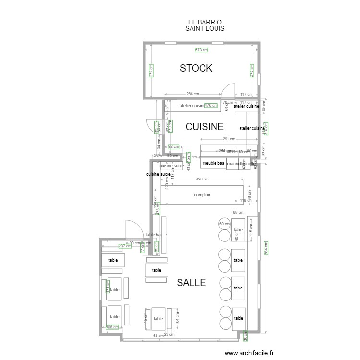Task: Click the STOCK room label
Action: tap(196, 68)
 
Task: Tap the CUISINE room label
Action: tap(204, 127)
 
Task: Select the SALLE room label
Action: tap(191, 283)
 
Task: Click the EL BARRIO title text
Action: tap(204, 22)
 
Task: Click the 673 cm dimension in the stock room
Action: tap(202, 50)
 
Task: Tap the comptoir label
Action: tap(203, 195)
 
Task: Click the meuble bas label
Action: tap(213, 163)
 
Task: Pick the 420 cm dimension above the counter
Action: tap(202, 180)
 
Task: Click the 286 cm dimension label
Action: tap(192, 94)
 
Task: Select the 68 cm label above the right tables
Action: tap(238, 212)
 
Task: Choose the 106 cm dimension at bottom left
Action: tap(111, 327)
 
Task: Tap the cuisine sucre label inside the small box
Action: tap(171, 166)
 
